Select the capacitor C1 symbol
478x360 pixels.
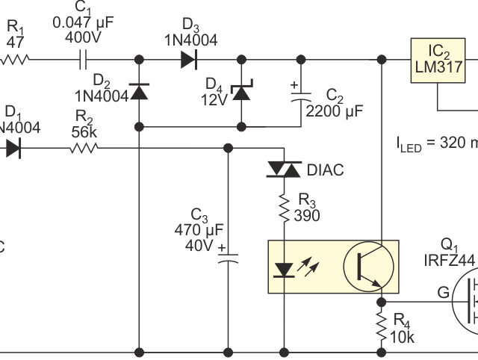pos(83,59)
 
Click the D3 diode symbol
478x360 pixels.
pos(189,59)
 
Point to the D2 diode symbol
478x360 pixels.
pos(140,93)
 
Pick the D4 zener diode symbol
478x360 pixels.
pos(241,93)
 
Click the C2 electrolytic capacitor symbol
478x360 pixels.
pos(302,93)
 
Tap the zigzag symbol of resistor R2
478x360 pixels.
pos(84,149)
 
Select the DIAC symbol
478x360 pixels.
pos(285,172)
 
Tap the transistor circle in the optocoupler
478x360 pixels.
pos(368,266)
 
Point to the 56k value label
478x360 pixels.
pos(83,131)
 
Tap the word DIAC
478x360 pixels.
pos(325,171)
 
